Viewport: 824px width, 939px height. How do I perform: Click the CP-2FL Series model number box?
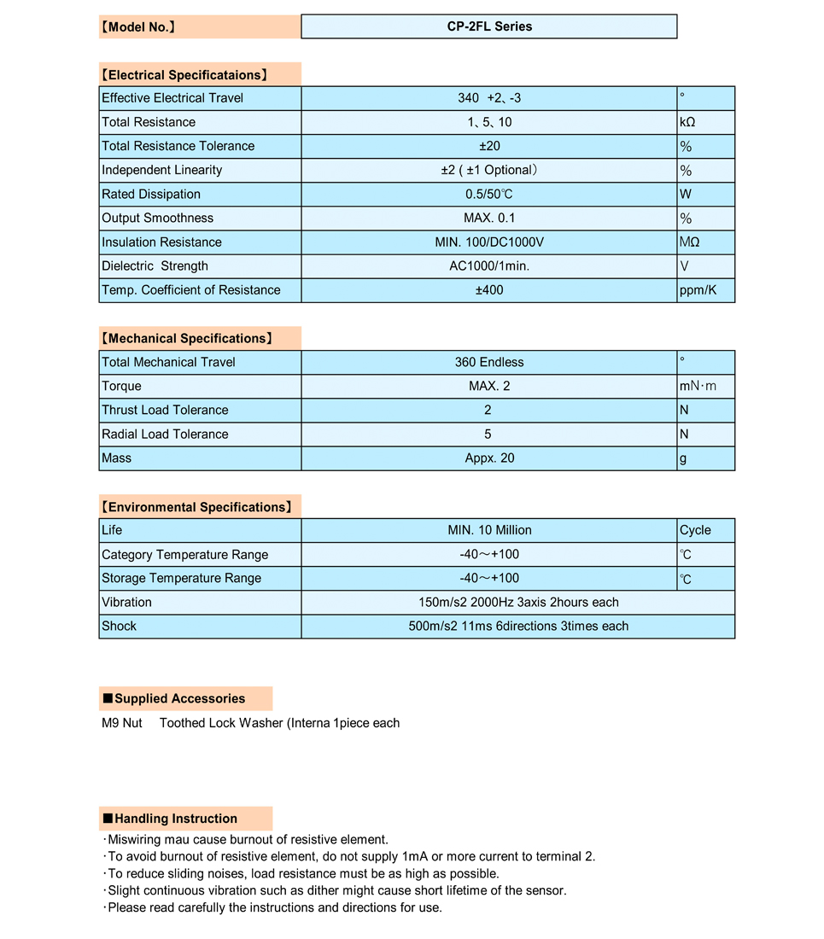coord(489,26)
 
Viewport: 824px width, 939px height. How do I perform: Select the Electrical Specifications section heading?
coord(200,74)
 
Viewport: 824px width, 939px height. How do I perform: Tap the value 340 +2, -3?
coord(489,98)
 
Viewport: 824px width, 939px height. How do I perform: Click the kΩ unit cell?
coord(705,122)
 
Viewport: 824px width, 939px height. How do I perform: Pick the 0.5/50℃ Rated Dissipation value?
coord(489,194)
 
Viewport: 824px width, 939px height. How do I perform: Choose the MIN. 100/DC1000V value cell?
coord(489,242)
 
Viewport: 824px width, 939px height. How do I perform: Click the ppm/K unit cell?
coord(705,290)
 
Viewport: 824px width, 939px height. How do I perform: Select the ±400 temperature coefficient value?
coord(489,290)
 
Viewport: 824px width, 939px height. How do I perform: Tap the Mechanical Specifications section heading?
coord(200,338)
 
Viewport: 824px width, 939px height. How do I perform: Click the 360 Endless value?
coord(489,362)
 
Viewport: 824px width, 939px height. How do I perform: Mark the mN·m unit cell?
coord(705,386)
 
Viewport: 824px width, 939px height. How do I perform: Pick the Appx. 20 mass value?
coord(489,458)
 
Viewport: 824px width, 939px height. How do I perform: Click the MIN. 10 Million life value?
coord(489,530)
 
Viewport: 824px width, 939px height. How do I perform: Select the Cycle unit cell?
coord(705,530)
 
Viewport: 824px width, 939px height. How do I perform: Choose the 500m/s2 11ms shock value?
coord(518,626)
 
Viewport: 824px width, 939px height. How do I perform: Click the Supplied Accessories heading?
coord(186,698)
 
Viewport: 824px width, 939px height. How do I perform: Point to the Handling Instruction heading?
coord(186,819)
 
